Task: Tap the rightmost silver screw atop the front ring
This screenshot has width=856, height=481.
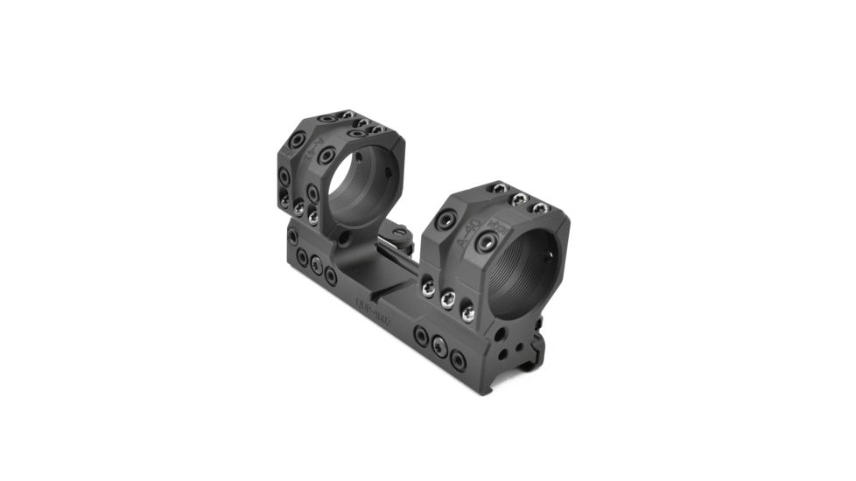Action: coord(540,207)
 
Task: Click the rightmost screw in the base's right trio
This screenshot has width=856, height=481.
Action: coord(459,357)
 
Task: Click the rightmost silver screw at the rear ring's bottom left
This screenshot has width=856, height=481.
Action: coord(312,215)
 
